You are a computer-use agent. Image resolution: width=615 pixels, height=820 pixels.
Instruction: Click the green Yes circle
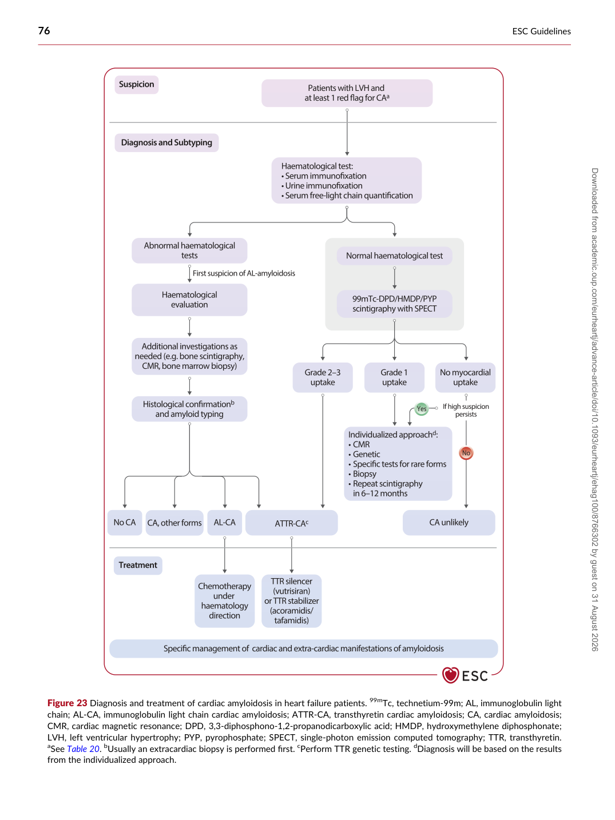point(421,408)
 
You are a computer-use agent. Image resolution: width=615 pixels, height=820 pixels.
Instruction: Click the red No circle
point(466,452)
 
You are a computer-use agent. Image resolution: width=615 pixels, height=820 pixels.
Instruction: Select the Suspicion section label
point(136,85)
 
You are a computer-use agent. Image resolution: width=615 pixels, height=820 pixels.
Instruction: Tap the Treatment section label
point(138,565)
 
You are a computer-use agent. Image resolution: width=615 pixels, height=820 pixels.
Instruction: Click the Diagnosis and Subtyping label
point(166,142)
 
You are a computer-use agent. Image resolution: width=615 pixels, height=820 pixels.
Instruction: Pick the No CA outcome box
point(125,522)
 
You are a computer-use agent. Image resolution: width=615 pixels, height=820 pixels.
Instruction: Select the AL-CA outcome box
point(225,522)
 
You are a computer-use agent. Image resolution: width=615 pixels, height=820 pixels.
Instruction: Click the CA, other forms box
point(174,522)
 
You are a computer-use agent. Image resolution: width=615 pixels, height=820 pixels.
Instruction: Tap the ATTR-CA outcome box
point(291,522)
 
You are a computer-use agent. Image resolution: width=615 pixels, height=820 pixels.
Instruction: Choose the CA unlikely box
point(449,522)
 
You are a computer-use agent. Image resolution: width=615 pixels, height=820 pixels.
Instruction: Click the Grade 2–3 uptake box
point(323,377)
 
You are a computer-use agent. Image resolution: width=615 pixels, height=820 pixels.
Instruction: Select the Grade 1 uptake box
point(394,377)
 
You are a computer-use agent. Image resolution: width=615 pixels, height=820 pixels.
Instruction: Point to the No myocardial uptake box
point(465,377)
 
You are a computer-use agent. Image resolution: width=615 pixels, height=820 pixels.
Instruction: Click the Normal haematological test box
point(394,256)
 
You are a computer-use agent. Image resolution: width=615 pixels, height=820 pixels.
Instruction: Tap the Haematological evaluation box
point(189,300)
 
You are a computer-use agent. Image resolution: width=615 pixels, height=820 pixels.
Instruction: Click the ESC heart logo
point(450,675)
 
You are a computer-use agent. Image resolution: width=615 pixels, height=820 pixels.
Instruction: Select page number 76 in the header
point(44,31)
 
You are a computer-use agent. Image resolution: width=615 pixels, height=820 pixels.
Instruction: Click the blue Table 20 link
point(83,749)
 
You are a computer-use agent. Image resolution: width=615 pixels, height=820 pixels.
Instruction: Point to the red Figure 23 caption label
point(68,703)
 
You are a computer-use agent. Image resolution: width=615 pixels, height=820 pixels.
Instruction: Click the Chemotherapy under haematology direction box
point(225,601)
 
